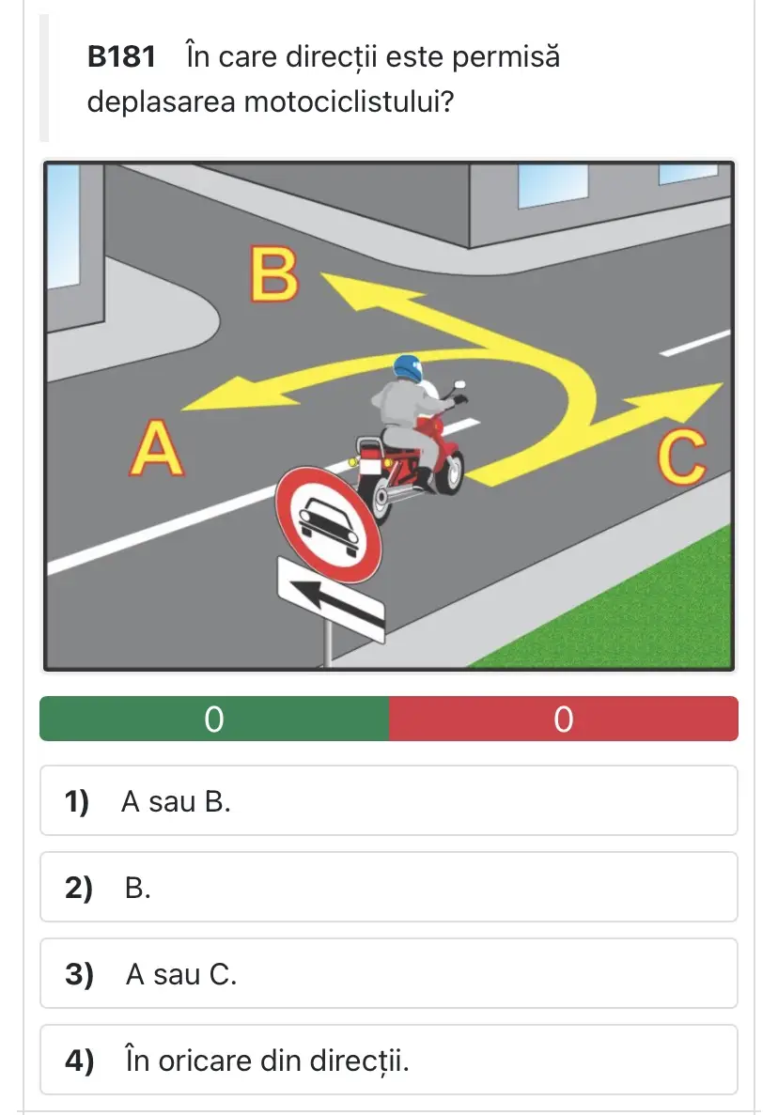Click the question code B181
pyautogui.click(x=121, y=57)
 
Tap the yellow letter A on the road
pyautogui.click(x=157, y=448)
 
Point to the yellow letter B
pyautogui.click(x=273, y=273)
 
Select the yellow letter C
pyautogui.click(x=681, y=457)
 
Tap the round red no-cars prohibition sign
pyautogui.click(x=329, y=525)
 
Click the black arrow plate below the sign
pyautogui.click(x=331, y=600)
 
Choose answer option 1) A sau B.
pyautogui.click(x=389, y=800)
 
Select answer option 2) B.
pyautogui.click(x=389, y=888)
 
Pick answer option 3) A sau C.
pyautogui.click(x=389, y=973)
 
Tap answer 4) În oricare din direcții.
pyautogui.click(x=389, y=1061)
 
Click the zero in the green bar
pyautogui.click(x=214, y=719)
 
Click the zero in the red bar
pyautogui.click(x=563, y=719)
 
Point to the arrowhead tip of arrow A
pyautogui.click(x=182, y=410)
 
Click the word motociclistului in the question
pyautogui.click(x=349, y=101)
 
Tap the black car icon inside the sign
pyautogui.click(x=328, y=525)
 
